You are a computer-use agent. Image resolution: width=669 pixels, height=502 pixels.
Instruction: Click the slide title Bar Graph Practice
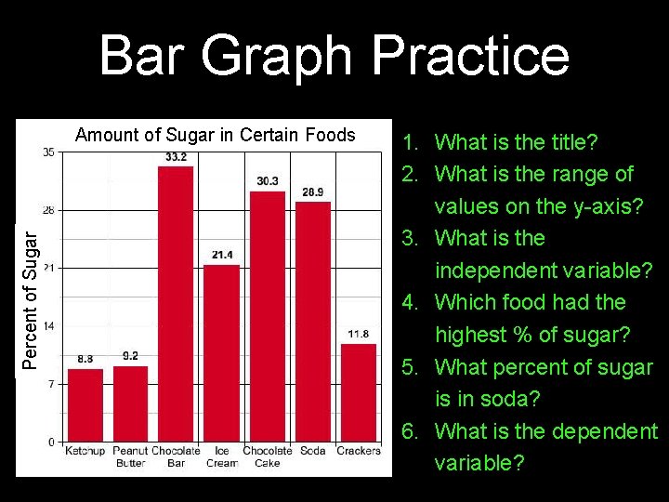coord(334,55)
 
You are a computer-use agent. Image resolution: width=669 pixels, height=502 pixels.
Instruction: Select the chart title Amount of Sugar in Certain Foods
coord(215,135)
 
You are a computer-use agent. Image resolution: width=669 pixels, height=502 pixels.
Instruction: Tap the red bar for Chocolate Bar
coord(176,303)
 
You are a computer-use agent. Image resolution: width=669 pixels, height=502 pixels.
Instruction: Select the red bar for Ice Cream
coord(221,352)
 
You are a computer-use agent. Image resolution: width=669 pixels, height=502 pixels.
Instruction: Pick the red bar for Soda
coord(313,321)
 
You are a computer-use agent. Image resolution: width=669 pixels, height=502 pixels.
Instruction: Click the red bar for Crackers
coord(359,392)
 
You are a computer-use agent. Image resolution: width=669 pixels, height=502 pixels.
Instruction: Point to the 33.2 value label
coord(176,157)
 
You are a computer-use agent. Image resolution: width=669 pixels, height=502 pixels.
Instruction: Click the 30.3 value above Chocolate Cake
coord(268,180)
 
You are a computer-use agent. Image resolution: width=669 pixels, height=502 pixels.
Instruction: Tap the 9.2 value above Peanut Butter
coord(131,356)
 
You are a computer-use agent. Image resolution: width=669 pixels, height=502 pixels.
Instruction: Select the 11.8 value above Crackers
coord(359,334)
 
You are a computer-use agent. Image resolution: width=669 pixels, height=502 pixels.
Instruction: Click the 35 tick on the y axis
coord(48,152)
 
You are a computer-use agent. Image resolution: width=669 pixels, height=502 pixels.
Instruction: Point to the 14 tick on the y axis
coord(48,326)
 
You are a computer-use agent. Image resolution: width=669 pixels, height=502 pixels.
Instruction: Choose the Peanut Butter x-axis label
coord(131,456)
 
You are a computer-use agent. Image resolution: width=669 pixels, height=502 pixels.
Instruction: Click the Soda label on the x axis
coord(313,451)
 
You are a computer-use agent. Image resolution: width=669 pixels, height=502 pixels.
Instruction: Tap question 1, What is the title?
coord(502,142)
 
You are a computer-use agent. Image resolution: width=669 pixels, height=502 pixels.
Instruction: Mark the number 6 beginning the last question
coord(408,431)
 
